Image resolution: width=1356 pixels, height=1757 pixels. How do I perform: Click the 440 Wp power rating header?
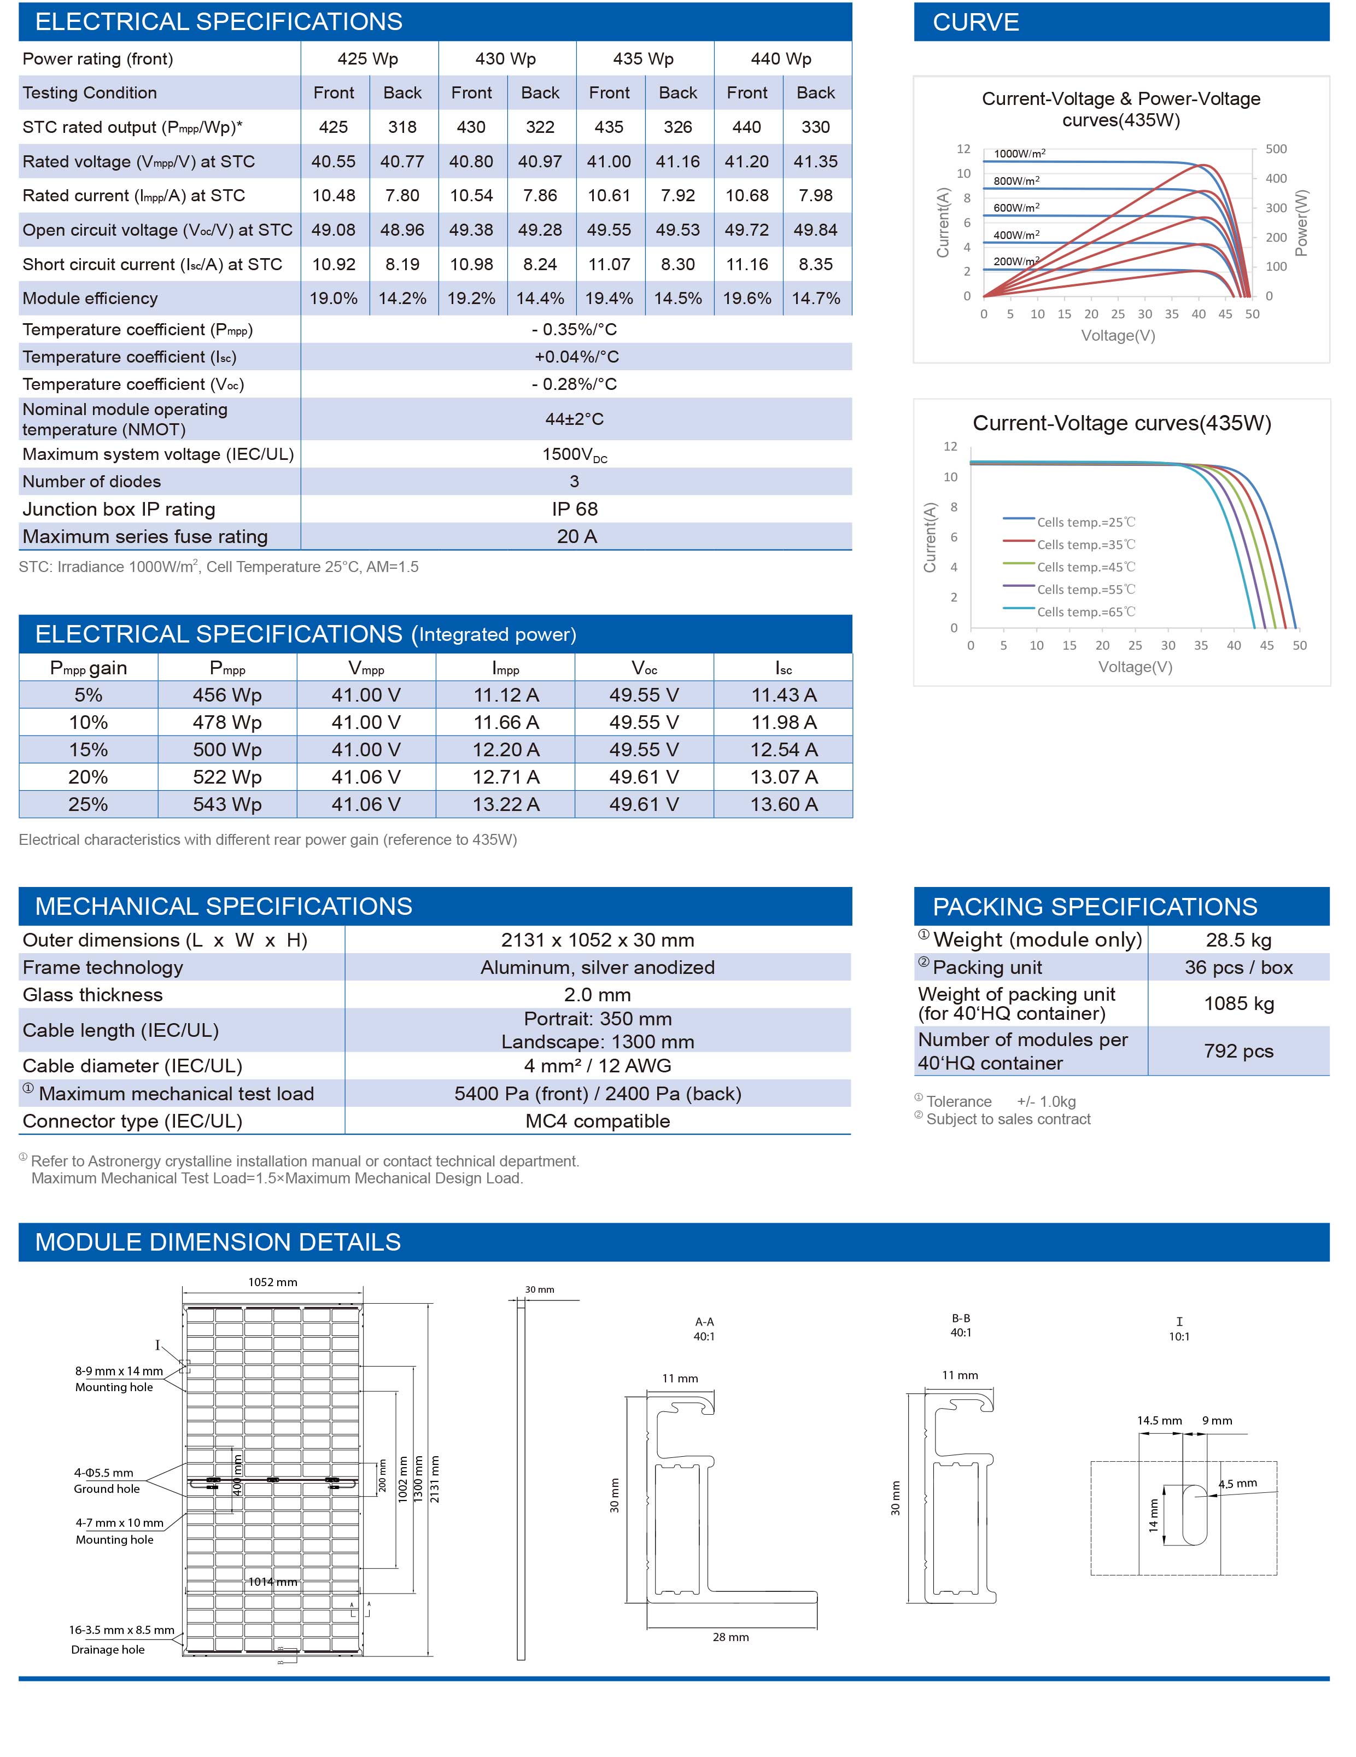[x=781, y=59]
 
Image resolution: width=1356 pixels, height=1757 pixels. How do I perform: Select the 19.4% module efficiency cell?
[x=609, y=299]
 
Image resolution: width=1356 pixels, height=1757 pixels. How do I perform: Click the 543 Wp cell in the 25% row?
[x=227, y=804]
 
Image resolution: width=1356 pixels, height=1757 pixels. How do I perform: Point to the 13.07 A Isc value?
[x=784, y=777]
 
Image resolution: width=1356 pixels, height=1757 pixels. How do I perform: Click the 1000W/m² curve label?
[x=1019, y=154]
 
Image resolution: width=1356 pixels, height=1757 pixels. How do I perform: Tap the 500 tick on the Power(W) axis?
[x=1276, y=149]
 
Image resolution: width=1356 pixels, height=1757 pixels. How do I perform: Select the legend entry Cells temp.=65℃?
[x=1086, y=612]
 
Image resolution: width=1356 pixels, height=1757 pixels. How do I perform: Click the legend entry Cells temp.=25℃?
[x=1086, y=523]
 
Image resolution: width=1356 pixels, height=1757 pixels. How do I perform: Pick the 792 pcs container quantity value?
[x=1238, y=1052]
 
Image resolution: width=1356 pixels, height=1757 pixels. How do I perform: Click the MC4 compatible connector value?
[x=598, y=1122]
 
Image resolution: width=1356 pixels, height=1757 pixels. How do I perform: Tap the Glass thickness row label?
[x=92, y=995]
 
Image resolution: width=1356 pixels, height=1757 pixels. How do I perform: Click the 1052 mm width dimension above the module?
[x=273, y=1282]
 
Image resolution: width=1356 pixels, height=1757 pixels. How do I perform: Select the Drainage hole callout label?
[x=108, y=1649]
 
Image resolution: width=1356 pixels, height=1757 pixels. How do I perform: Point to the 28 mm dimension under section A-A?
[x=730, y=1637]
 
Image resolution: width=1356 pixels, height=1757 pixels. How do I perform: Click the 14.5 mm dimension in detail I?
[x=1159, y=1421]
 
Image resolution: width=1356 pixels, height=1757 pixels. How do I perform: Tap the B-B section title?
[x=961, y=1318]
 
